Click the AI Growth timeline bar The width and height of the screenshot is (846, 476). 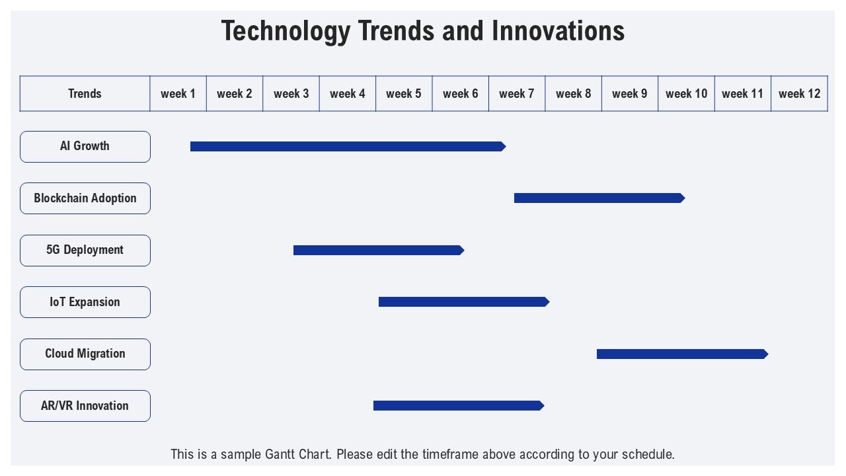pos(348,147)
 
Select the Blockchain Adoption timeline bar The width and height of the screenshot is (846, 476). pos(599,198)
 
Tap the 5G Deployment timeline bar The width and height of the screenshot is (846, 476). pos(379,250)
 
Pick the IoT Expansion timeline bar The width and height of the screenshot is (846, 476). pos(464,302)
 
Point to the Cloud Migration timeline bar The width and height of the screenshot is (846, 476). pos(683,354)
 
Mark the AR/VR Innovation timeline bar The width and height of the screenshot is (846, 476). pos(459,406)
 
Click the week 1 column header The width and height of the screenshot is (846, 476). pos(178,94)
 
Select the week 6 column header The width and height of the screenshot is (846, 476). pos(461,94)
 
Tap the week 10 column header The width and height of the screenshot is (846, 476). pos(686,94)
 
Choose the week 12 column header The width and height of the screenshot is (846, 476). pos(799,94)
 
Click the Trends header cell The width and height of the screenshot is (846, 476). pos(85,94)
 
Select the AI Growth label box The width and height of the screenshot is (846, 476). pos(85,147)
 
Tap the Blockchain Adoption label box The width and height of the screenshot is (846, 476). pos(85,198)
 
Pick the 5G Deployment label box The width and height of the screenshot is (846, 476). pos(85,251)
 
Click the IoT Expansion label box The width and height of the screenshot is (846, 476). pos(85,302)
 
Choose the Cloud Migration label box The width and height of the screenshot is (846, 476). pos(85,354)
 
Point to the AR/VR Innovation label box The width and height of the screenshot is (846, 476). pos(85,406)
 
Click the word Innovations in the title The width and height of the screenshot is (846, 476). pos(558,31)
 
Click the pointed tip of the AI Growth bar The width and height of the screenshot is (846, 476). pos(506,147)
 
